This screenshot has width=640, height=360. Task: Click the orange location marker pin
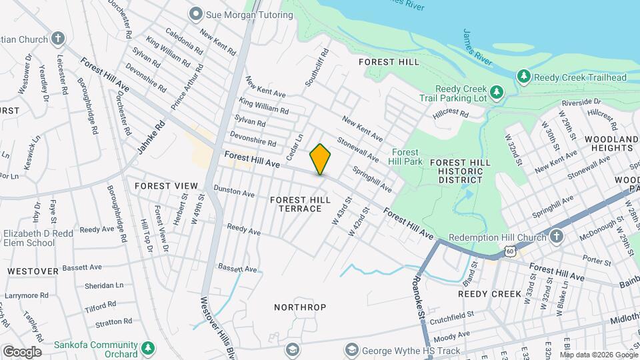(x=320, y=159)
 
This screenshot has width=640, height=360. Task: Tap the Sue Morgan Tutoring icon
(x=195, y=13)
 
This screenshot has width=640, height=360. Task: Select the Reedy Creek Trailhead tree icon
(x=524, y=77)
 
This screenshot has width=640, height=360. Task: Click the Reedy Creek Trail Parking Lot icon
(x=495, y=91)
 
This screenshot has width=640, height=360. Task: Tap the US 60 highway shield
(x=509, y=251)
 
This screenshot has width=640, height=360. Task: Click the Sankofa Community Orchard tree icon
(x=147, y=348)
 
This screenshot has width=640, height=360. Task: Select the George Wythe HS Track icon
(x=351, y=349)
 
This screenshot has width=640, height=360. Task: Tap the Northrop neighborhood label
(x=300, y=307)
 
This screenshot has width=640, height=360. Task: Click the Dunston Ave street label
(x=234, y=192)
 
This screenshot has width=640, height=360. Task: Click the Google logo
(x=22, y=351)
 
